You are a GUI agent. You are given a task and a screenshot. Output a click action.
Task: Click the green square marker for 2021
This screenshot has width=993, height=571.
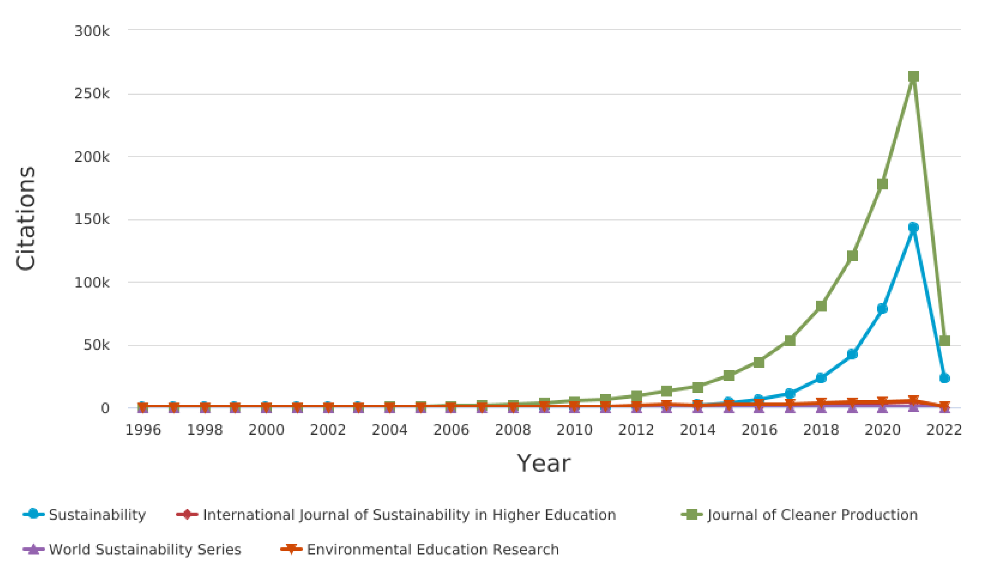913,76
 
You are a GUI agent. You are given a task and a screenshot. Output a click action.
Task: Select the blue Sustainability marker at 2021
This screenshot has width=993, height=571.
913,227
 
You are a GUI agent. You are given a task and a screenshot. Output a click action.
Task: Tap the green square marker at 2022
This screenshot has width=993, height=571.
945,341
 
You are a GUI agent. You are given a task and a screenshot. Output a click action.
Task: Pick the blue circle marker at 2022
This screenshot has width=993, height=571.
945,378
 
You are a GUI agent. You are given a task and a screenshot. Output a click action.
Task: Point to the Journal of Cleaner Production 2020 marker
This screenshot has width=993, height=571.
882,184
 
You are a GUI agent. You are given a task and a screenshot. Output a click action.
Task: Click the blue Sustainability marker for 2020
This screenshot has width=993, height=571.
882,308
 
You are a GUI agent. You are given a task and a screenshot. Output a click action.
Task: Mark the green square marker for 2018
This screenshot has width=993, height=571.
821,306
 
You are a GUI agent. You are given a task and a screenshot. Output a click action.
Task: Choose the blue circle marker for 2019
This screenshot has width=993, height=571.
852,354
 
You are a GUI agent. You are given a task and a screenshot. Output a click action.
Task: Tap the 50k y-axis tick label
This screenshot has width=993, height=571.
96,345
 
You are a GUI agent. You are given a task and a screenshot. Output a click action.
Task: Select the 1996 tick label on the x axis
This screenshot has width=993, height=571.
143,430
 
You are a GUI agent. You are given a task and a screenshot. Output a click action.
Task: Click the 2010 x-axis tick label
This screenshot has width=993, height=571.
574,430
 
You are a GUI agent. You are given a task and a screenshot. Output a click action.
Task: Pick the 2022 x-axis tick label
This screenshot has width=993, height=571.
944,430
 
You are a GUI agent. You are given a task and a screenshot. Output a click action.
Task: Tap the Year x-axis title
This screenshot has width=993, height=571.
543,464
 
